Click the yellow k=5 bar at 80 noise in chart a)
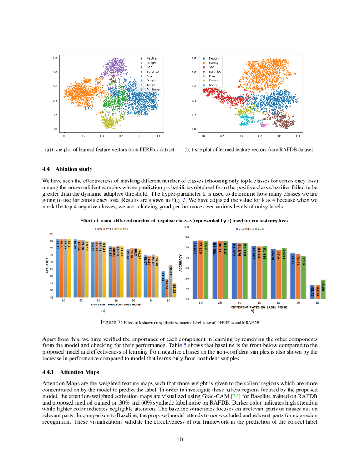click(x=175, y=291)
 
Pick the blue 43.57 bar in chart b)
click(x=312, y=292)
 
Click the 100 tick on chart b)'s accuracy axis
click(x=186, y=227)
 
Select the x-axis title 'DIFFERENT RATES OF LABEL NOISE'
click(x=115, y=304)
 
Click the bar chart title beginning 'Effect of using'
click(x=184, y=220)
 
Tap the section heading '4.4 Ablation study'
click(x=67, y=169)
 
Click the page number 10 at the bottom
click(x=180, y=439)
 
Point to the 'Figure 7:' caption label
click(x=112, y=322)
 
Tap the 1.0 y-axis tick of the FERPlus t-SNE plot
click(x=54, y=58)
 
